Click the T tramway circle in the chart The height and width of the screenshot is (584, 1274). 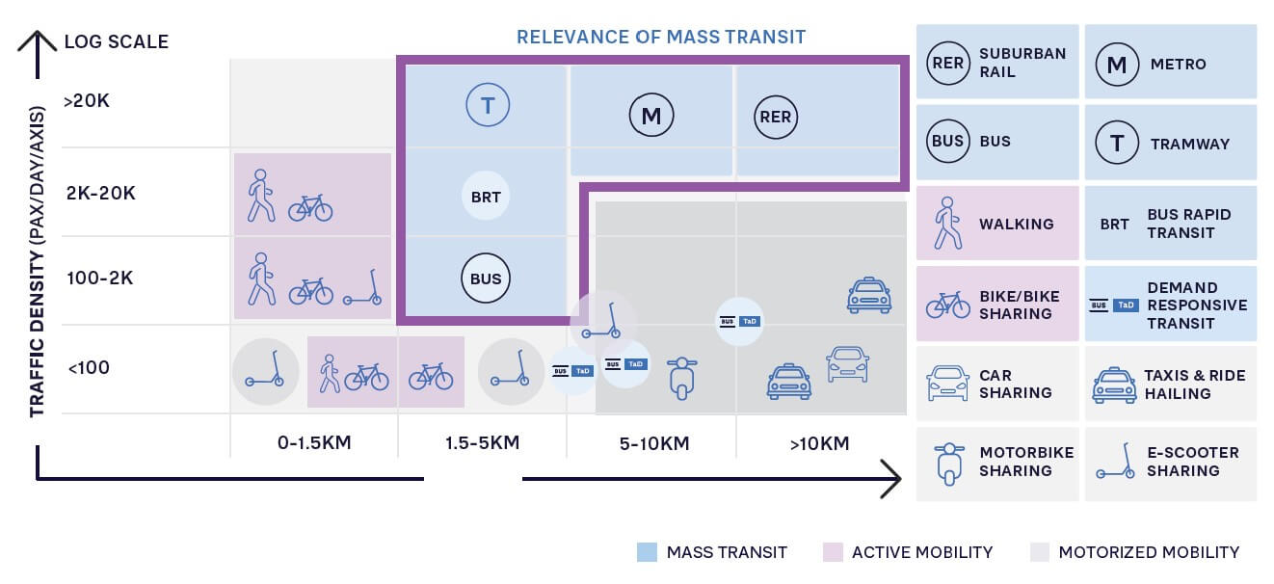pyautogui.click(x=487, y=105)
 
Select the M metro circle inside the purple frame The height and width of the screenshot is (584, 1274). pyautogui.click(x=650, y=117)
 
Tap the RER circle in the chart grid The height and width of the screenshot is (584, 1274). pyautogui.click(x=775, y=117)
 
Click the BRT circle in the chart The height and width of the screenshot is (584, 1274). pyautogui.click(x=486, y=198)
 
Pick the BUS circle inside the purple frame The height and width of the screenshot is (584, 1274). pyautogui.click(x=486, y=279)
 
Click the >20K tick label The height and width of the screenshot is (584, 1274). pyautogui.click(x=87, y=100)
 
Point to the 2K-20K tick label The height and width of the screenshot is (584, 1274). pyautogui.click(x=100, y=193)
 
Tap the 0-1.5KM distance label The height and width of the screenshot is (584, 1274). pyautogui.click(x=314, y=443)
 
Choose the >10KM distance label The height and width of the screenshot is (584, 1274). pyautogui.click(x=820, y=443)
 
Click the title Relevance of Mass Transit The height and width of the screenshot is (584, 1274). pyautogui.click(x=661, y=37)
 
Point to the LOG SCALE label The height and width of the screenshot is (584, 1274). pyautogui.click(x=116, y=41)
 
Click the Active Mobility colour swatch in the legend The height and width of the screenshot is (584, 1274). pyautogui.click(x=833, y=552)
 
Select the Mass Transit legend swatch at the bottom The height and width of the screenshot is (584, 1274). pyautogui.click(x=647, y=552)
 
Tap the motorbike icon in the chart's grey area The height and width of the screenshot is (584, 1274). pyautogui.click(x=681, y=377)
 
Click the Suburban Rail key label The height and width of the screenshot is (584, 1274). pyautogui.click(x=1022, y=63)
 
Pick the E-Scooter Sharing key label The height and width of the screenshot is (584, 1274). pyautogui.click(x=1192, y=462)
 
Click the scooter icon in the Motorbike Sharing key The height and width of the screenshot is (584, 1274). pyautogui.click(x=949, y=464)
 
